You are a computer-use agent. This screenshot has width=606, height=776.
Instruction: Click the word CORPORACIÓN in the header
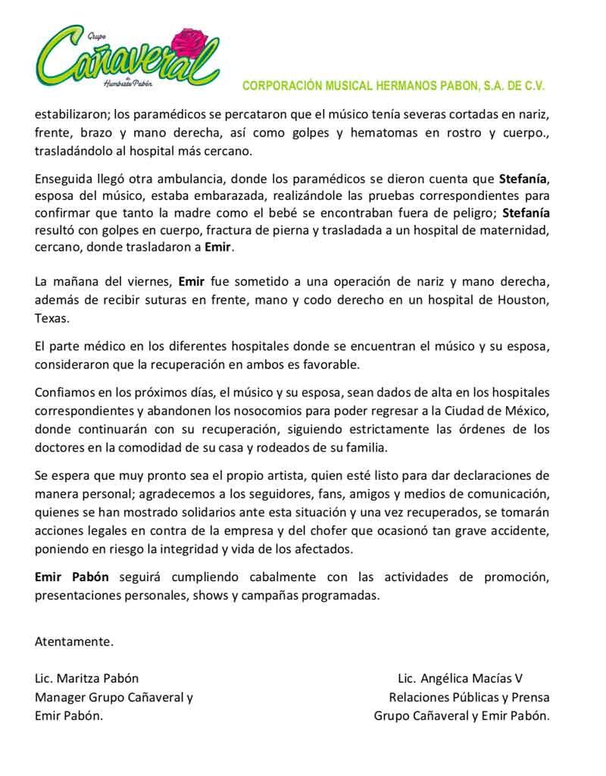pyautogui.click(x=278, y=86)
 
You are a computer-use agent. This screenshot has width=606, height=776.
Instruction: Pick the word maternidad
pyautogui.click(x=511, y=231)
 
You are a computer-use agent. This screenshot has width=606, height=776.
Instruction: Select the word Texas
pyautogui.click(x=52, y=319)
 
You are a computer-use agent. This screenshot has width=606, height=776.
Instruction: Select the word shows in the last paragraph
pyautogui.click(x=211, y=595)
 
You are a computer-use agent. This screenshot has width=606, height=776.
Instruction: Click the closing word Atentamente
pyautogui.click(x=74, y=642)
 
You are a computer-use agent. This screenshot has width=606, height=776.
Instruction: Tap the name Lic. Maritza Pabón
pyautogui.click(x=87, y=678)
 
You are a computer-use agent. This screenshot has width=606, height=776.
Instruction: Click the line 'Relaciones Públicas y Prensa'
pyautogui.click(x=469, y=697)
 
